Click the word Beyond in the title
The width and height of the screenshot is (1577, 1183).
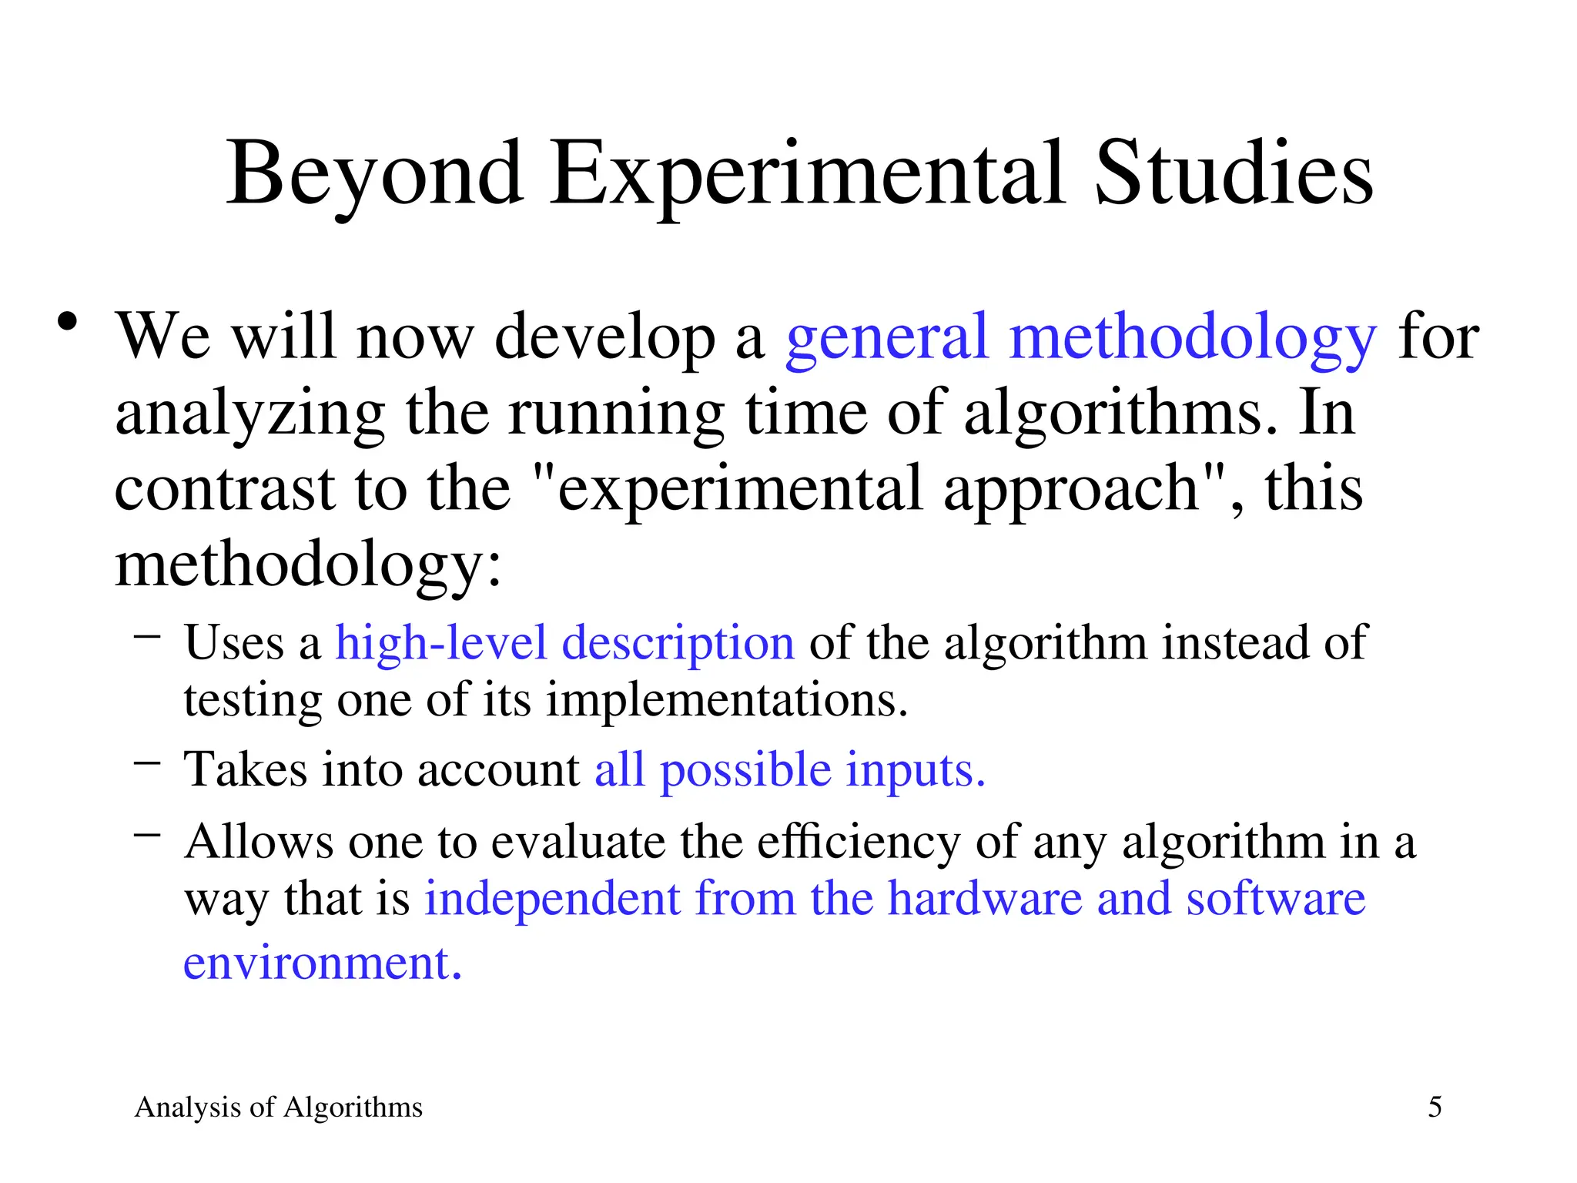click(x=375, y=176)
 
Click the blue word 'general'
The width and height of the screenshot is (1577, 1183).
click(x=886, y=339)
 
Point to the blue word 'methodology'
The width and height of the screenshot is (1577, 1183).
click(x=1192, y=339)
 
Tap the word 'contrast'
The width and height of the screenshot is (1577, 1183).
click(x=224, y=489)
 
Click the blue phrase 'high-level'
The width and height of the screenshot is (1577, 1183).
click(x=440, y=642)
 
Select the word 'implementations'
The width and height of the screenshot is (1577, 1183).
click(x=727, y=701)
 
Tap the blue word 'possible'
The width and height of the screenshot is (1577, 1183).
click(x=745, y=771)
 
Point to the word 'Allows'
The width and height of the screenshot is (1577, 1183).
click(x=259, y=841)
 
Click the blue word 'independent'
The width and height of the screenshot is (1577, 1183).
click(x=552, y=899)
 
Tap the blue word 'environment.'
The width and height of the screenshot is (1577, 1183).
click(x=323, y=963)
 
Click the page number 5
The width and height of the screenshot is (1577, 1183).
click(x=1435, y=1108)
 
